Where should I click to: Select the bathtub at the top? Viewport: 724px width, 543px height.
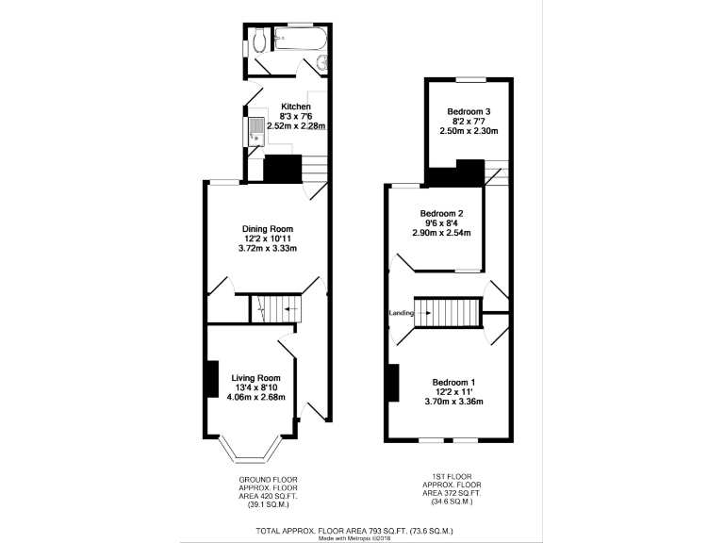tap(299, 40)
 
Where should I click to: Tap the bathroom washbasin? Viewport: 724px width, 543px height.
tap(323, 63)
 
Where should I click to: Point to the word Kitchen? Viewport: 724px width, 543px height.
tap(296, 107)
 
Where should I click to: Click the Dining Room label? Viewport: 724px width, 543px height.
tap(269, 229)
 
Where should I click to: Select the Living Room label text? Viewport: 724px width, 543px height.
tap(256, 377)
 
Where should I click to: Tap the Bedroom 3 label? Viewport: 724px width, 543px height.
tap(470, 111)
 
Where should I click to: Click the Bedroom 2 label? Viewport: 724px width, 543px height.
tap(441, 213)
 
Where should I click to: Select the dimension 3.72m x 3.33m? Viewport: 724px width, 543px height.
tap(269, 249)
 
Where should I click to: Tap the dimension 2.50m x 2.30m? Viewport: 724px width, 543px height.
tap(470, 131)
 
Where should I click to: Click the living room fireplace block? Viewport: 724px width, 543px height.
tap(211, 379)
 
